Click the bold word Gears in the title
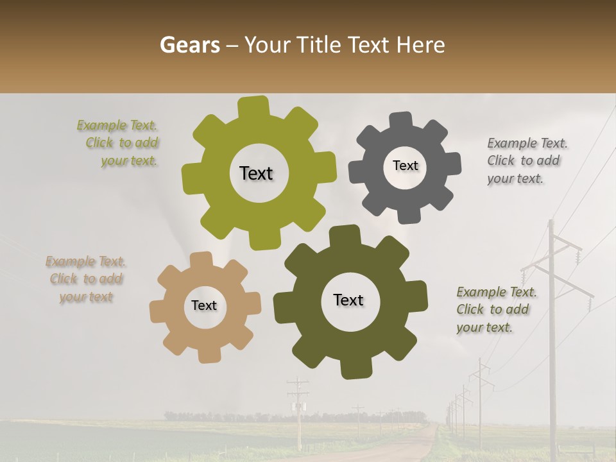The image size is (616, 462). pyautogui.click(x=189, y=45)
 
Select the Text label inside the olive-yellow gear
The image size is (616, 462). pyautogui.click(x=256, y=173)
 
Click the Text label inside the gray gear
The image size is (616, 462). pyautogui.click(x=405, y=166)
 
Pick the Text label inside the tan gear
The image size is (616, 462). pyautogui.click(x=204, y=305)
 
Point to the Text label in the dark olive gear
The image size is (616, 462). pyautogui.click(x=348, y=300)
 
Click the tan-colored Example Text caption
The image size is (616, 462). pyautogui.click(x=85, y=279)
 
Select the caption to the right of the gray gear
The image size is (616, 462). pyautogui.click(x=526, y=160)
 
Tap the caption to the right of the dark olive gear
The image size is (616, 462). pyautogui.click(x=495, y=309)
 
